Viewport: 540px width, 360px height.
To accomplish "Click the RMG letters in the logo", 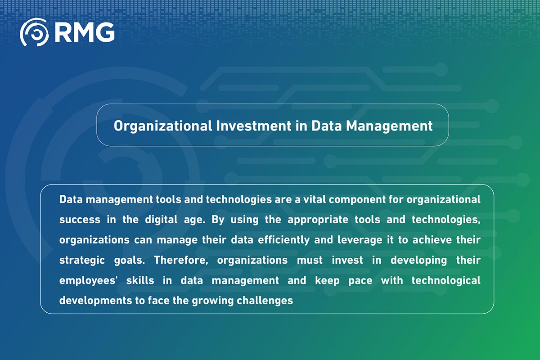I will pyautogui.click(x=85, y=32).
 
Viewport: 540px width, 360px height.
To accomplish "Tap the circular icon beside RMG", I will pyautogui.click(x=34, y=32).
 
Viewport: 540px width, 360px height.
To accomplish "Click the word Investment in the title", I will pyautogui.click(x=253, y=126).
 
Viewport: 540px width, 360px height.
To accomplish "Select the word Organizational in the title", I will pyautogui.click(x=162, y=126).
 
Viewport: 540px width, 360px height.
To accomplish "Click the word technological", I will pyautogui.click(x=446, y=281).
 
